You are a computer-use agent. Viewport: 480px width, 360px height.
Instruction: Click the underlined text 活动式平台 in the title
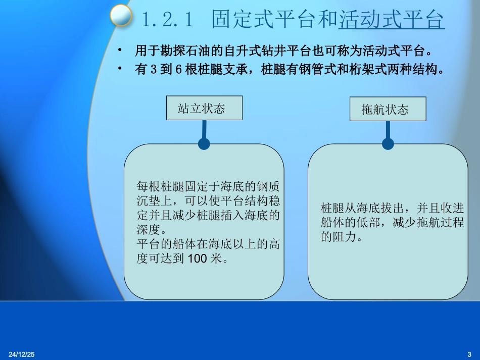392,20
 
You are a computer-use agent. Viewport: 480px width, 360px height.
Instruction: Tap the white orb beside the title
121,15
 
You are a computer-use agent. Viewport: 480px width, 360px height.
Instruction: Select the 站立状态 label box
204,108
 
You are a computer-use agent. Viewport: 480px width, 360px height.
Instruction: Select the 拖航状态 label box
388,109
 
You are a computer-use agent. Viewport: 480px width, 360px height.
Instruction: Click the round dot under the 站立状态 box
204,144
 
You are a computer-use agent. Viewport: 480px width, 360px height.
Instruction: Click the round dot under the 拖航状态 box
388,144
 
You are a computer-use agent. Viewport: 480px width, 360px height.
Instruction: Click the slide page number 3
469,352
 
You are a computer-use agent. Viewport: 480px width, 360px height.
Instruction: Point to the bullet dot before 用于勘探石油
120,51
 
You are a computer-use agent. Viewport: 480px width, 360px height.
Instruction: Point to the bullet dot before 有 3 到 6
120,70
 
